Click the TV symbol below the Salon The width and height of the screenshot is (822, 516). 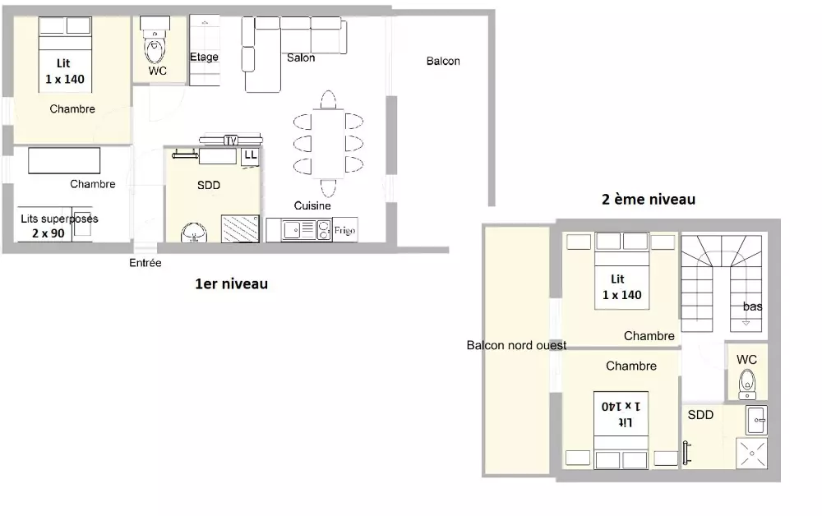pos(231,140)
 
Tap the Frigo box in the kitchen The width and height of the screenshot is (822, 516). pos(345,230)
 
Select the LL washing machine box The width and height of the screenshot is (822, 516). pos(250,157)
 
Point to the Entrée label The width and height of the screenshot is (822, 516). pos(145,263)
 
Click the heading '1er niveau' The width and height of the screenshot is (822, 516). pos(231,284)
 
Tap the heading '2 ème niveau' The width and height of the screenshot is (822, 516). pos(649,200)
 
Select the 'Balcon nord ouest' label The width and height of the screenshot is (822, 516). pos(516,345)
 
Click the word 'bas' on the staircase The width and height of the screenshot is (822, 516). pos(752,306)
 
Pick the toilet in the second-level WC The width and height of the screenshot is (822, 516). pos(747,384)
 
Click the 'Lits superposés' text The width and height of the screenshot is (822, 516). pos(59,219)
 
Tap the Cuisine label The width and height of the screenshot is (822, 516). pos(312,206)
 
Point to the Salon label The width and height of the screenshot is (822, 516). pos(301,58)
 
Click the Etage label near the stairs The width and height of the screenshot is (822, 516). pos(204,57)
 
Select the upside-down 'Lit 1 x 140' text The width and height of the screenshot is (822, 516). pos(621,414)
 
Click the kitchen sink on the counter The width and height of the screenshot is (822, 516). pos(299,230)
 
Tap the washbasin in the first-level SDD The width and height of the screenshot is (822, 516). pos(194,232)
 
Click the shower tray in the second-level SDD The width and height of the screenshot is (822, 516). pos(752,453)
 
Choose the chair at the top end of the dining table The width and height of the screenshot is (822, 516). pos(328,99)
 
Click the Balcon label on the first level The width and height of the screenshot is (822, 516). pos(443,62)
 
